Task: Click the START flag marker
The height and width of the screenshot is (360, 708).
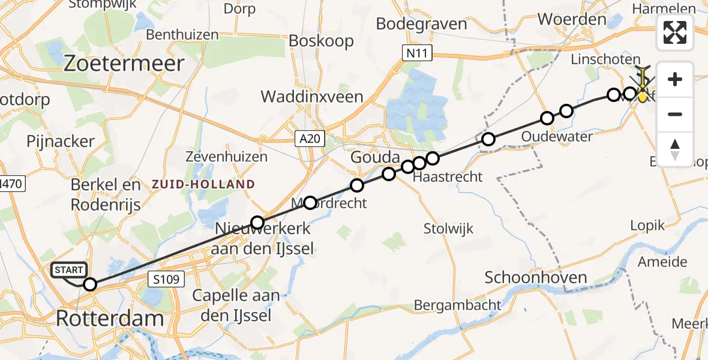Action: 69,271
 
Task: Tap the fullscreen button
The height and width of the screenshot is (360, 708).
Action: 675,32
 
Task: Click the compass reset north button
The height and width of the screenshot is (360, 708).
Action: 675,149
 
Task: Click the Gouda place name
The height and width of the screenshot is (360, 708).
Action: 376,158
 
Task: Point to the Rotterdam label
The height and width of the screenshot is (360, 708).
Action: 110,318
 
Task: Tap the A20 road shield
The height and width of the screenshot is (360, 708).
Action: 310,140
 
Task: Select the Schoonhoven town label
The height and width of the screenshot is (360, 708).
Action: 535,277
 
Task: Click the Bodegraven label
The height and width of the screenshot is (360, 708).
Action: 421,24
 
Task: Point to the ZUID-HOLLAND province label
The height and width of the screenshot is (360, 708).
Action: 203,184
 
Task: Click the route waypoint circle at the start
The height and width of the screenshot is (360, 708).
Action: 90,284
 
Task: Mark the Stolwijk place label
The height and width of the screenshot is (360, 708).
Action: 448,229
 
